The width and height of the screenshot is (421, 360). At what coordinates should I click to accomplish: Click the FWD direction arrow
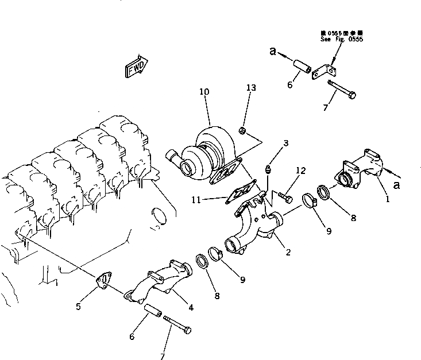[x=136, y=66]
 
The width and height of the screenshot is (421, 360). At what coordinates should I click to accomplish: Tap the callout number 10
[x=204, y=91]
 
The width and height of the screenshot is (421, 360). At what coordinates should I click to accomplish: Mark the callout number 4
[x=191, y=307]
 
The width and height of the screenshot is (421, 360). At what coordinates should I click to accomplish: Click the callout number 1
[x=388, y=200]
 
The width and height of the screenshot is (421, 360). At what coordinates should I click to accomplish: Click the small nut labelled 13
[x=244, y=131]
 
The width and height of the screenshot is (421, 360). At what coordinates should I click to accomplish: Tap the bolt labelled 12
[x=283, y=198]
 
